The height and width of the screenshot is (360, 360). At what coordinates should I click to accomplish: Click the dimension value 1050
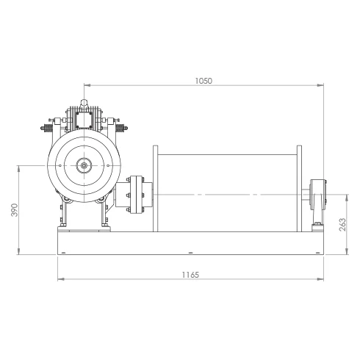point(204,81)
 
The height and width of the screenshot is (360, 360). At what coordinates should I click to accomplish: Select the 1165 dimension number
point(190,275)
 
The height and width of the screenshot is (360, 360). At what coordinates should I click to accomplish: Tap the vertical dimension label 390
point(15,210)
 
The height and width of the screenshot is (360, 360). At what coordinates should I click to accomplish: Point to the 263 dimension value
point(343,225)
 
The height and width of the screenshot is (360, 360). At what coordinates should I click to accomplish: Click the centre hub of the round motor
point(84,165)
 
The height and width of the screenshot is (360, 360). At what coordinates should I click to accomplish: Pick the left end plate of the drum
point(155,189)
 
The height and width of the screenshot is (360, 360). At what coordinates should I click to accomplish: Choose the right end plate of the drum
point(299,189)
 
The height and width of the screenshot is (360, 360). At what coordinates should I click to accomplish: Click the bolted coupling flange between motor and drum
point(136,195)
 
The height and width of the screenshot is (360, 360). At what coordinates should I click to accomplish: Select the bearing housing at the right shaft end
point(318,195)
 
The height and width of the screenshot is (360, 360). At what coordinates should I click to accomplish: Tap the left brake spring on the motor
point(47,128)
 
